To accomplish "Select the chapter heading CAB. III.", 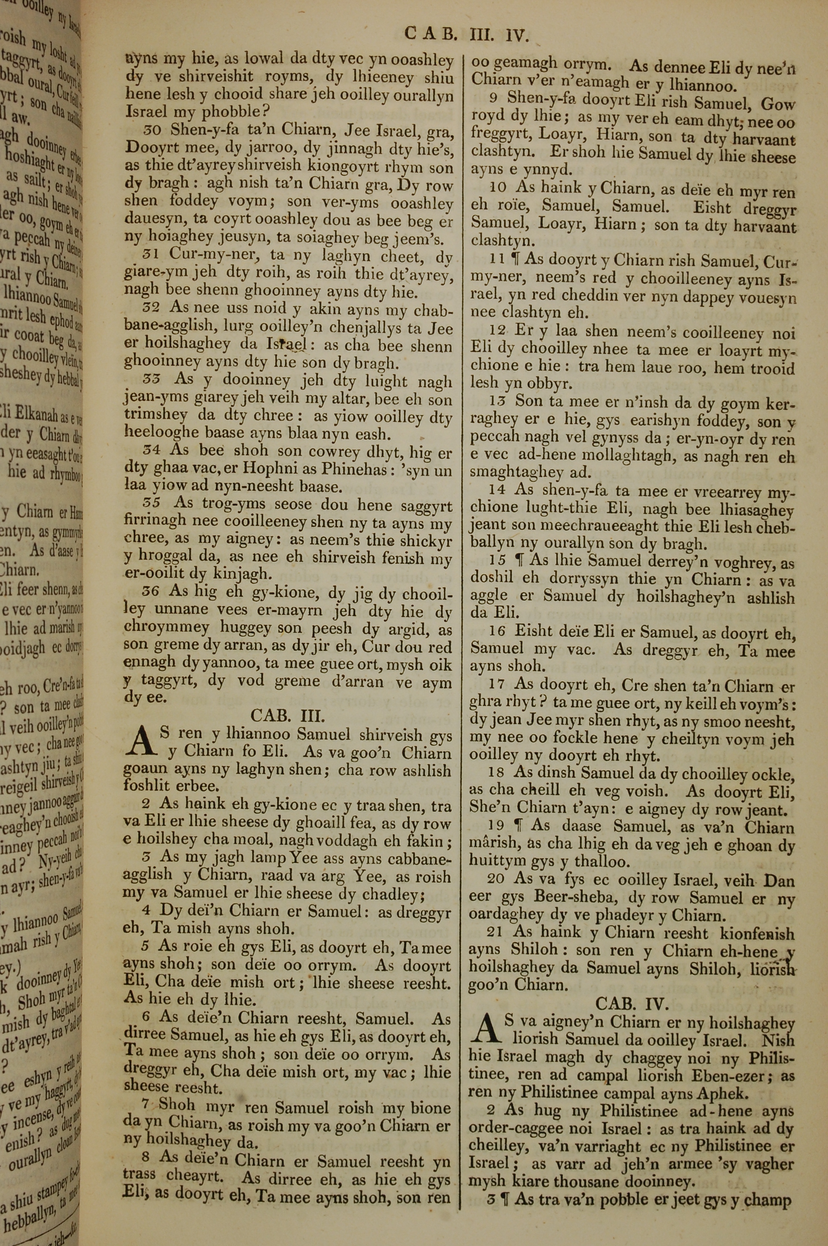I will click(287, 716).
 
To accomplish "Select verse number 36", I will click(152, 592).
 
